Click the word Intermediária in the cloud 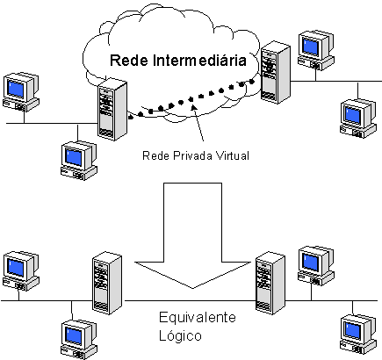click(199, 60)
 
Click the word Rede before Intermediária click(129, 61)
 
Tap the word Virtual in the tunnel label click(233, 155)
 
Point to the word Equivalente click(198, 317)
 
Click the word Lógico click(180, 335)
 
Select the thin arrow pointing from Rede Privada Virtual click(198, 123)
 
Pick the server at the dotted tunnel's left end click(112, 109)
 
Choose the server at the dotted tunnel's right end click(276, 72)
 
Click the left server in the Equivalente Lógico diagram click(107, 283)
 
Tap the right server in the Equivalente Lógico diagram click(270, 283)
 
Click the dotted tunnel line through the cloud click(191, 99)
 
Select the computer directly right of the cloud click(316, 50)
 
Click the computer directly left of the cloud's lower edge click(21, 92)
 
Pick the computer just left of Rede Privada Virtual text click(79, 161)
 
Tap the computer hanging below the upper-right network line click(358, 119)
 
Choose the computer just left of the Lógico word click(79, 340)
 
